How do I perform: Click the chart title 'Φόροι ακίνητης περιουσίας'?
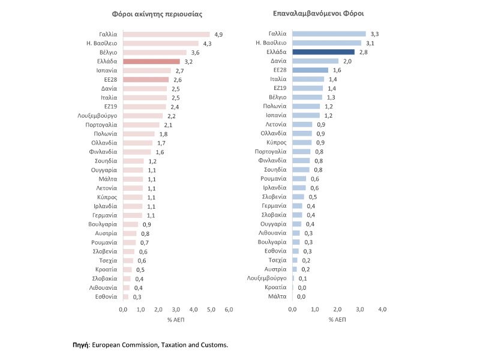click(x=157, y=13)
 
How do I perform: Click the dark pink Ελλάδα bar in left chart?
click(x=151, y=61)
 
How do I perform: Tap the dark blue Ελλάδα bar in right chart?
click(x=315, y=52)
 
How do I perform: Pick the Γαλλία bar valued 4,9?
click(x=166, y=34)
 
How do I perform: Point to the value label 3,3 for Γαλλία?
click(x=374, y=34)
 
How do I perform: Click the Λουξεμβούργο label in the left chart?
click(x=97, y=115)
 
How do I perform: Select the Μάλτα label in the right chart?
click(x=278, y=296)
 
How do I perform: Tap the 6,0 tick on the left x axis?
click(x=229, y=309)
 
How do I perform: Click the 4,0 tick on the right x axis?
click(x=382, y=309)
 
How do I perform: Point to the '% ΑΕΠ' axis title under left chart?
click(x=176, y=319)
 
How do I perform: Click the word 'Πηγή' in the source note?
click(x=80, y=345)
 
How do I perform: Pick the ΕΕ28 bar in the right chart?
click(x=310, y=70)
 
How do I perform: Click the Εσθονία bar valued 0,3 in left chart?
click(x=126, y=296)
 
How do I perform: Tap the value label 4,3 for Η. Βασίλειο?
click(x=208, y=43)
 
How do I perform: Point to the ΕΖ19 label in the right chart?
click(x=280, y=88)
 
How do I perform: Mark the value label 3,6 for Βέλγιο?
click(x=195, y=52)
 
